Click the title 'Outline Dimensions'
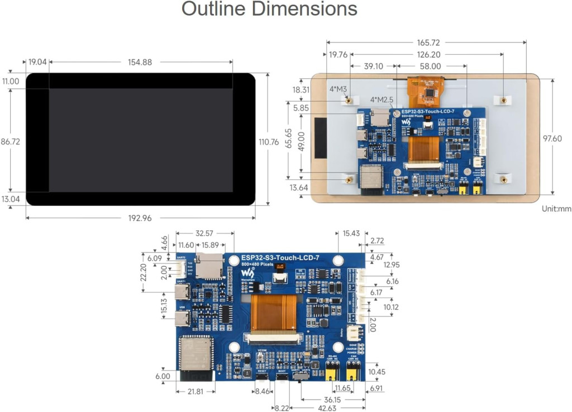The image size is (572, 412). coord(269,9)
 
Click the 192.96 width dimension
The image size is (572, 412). coord(140,218)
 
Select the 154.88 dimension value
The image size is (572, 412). coord(140,63)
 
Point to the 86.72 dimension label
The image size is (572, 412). coord(10,142)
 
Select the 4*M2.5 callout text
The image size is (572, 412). coord(382,100)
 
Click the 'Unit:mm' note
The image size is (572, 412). coord(556,209)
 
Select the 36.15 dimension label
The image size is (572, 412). coord(333,400)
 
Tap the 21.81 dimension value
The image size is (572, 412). coord(196,392)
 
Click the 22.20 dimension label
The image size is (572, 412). coord(144,272)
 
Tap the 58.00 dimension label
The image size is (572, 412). coord(431,66)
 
